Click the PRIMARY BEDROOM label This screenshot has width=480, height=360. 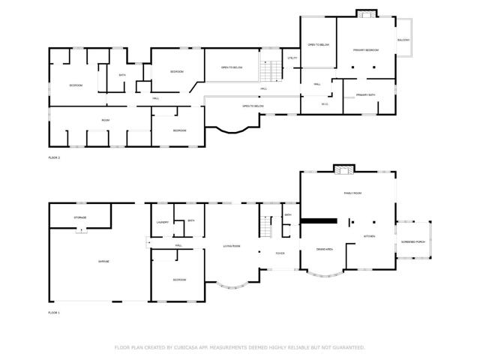click(x=366, y=49)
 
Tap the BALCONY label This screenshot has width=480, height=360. click(x=403, y=40)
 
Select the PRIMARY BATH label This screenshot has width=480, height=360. click(x=366, y=95)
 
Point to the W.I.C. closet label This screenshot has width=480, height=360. click(x=325, y=104)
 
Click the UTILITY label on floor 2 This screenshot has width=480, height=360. click(x=292, y=58)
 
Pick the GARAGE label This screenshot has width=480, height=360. click(x=103, y=261)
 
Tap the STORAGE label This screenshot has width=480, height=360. click(x=79, y=217)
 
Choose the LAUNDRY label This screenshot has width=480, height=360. click(x=162, y=223)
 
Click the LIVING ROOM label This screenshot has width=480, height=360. click(x=231, y=246)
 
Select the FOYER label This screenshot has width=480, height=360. click(x=280, y=253)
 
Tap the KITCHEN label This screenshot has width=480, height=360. click(x=370, y=236)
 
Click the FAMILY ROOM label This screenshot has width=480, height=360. click(x=352, y=193)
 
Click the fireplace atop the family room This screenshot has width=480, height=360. click(x=344, y=170)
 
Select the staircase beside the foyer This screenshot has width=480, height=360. click(x=267, y=226)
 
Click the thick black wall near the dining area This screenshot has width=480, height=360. click(x=319, y=221)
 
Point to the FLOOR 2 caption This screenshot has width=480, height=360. click(x=54, y=157)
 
